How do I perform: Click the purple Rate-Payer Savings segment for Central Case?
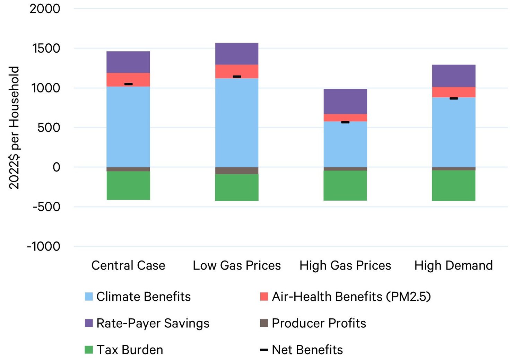click(x=128, y=62)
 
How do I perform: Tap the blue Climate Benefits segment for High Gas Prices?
click(x=345, y=144)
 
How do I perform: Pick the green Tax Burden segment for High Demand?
click(x=453, y=185)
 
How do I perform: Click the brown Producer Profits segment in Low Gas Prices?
click(x=237, y=170)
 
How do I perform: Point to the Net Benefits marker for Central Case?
click(x=128, y=84)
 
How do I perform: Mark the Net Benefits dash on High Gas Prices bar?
click(x=345, y=122)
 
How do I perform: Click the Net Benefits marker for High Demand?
click(x=453, y=98)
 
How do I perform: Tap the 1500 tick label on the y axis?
click(x=46, y=48)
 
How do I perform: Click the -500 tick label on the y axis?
click(x=46, y=207)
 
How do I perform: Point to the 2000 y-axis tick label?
click(x=45, y=9)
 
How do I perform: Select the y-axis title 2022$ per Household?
click(x=14, y=128)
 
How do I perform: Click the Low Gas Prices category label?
click(x=237, y=265)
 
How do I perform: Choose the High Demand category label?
click(x=453, y=265)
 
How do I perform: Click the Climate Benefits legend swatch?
click(x=89, y=297)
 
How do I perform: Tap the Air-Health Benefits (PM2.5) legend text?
click(x=351, y=297)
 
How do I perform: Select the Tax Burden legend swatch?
click(x=89, y=350)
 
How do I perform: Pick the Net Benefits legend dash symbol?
click(x=264, y=350)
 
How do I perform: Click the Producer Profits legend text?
click(x=319, y=323)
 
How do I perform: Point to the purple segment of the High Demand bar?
click(x=453, y=76)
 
